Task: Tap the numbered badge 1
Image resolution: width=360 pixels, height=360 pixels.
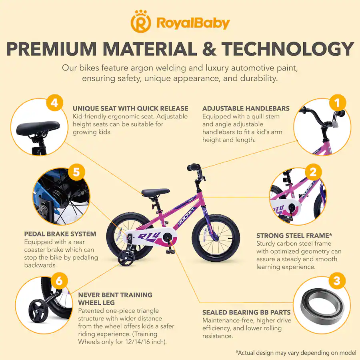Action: tap(337, 103)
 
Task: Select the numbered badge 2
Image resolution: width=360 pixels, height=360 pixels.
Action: tap(313, 172)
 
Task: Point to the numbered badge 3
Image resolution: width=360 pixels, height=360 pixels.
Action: tap(337, 280)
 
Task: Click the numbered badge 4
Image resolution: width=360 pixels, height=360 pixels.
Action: tap(54, 103)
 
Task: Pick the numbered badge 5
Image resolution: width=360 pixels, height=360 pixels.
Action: tap(76, 172)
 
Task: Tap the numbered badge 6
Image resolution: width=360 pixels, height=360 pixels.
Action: tap(59, 280)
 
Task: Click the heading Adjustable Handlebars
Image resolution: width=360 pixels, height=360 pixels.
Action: tap(246, 108)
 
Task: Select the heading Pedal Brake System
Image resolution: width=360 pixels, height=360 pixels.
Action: tap(60, 234)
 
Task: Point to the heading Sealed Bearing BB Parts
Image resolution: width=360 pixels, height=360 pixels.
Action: tap(246, 312)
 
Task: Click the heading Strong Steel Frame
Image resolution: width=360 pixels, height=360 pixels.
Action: tap(294, 235)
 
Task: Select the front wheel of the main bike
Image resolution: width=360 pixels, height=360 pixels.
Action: tap(216, 238)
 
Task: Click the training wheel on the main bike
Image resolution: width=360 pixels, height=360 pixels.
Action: tap(126, 258)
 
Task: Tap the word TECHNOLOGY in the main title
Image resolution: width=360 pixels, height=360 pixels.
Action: tap(288, 49)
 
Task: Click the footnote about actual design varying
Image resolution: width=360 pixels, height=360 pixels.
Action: tap(296, 352)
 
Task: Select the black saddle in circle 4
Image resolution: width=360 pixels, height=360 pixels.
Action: tap(38, 128)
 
